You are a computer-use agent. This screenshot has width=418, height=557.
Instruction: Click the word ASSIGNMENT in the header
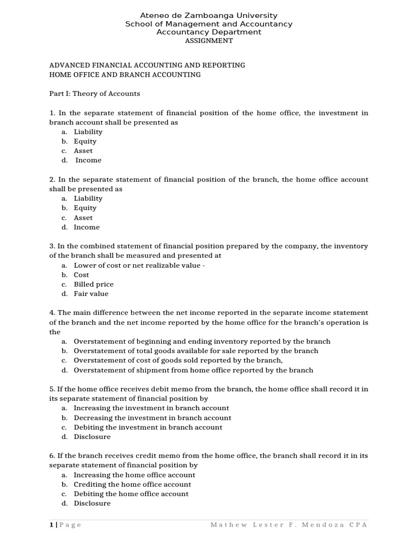209,41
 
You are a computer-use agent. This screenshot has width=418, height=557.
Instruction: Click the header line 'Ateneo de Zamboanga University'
209,16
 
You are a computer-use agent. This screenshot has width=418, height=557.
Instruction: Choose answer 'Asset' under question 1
83,151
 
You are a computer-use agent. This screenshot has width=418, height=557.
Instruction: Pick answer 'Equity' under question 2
85,208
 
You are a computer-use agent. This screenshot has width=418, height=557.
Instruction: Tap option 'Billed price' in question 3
94,284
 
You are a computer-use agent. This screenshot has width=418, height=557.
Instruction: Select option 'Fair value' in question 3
91,294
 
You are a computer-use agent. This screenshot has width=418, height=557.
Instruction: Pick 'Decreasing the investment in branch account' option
152,418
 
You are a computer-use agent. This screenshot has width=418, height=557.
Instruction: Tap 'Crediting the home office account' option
132,484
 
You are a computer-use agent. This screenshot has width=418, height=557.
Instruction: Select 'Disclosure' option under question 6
92,503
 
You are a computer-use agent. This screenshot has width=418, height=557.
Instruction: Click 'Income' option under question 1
88,160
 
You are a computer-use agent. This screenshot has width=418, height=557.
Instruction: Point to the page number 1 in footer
51,525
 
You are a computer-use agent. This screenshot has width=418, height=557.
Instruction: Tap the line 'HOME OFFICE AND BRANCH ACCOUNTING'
125,75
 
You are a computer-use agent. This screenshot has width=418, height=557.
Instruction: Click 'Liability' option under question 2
88,199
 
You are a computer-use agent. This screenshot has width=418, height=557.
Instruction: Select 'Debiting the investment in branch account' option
148,427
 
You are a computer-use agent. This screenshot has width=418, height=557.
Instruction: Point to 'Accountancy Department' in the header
209,32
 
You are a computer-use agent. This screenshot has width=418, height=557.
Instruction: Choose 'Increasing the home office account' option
134,475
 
